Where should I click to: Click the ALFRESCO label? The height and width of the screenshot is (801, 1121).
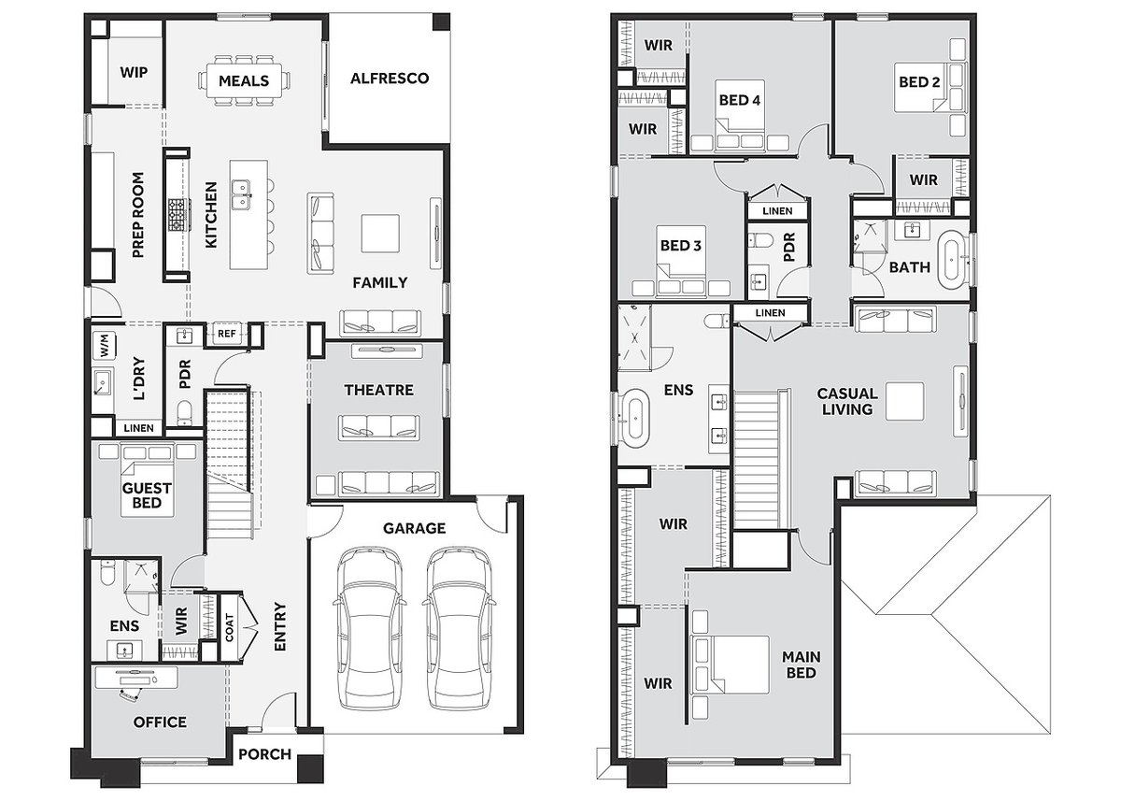click(x=389, y=79)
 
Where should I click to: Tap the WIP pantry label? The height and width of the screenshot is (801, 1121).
click(x=134, y=72)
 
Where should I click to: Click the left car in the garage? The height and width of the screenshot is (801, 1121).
click(x=370, y=627)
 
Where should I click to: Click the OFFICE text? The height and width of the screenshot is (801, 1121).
click(x=160, y=722)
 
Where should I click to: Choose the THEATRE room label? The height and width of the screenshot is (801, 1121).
click(x=377, y=390)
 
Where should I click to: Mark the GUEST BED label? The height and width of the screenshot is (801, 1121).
click(x=148, y=495)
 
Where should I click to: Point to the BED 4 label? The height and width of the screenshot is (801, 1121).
click(x=738, y=100)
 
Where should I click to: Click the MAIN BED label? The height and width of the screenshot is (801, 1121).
click(x=801, y=665)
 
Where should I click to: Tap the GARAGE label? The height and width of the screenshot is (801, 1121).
click(x=413, y=528)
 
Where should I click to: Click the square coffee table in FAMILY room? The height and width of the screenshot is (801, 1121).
click(x=380, y=233)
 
